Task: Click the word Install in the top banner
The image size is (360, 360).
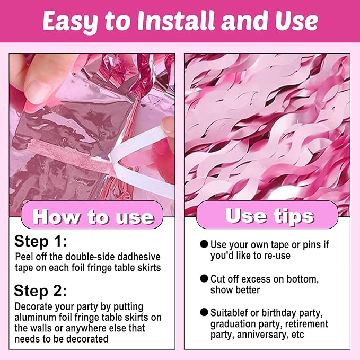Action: (177, 21)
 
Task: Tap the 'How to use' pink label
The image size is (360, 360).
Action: (92, 215)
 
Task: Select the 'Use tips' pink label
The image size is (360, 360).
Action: (267, 215)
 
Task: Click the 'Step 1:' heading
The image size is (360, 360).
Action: (41, 242)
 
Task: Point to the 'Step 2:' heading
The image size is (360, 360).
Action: (40, 291)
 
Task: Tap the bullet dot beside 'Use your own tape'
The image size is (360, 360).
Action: (204, 244)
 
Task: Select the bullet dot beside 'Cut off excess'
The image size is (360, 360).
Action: (204, 278)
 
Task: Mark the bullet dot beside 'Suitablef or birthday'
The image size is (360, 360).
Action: (204, 312)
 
